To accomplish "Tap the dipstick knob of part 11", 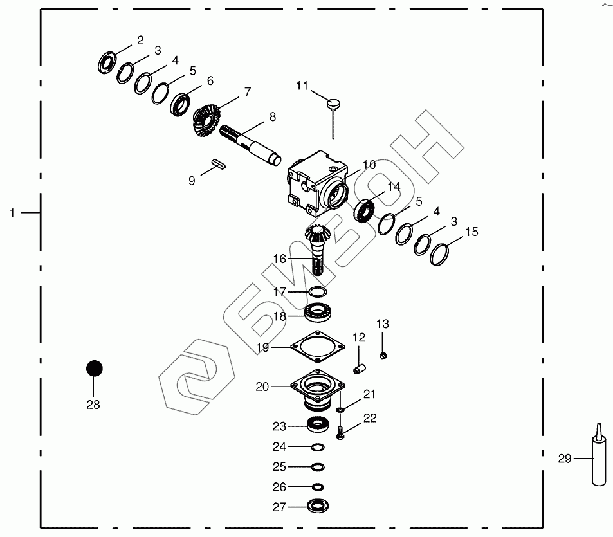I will pos(334,102).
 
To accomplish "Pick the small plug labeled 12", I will pos(360,369).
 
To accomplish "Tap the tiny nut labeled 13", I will pos(383,354).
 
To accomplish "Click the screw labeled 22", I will pos(341,435).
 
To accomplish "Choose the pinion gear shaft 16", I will pos(318,250).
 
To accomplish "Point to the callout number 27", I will pos(279,507).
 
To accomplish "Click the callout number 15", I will pos(471,232).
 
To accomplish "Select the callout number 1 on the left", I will pos(12,212).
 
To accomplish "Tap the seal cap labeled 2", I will pos(107,63).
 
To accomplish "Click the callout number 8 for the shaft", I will pos(272,117).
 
